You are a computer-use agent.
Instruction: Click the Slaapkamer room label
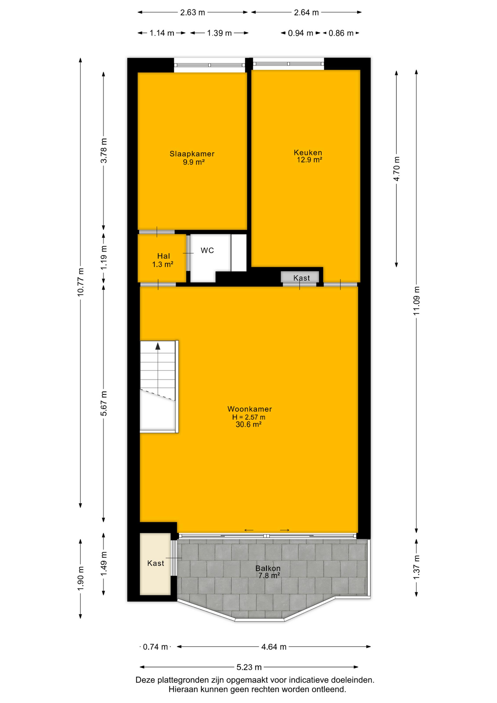(192, 154)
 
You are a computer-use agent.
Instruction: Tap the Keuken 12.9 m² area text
(309, 160)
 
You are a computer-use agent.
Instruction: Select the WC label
(207, 250)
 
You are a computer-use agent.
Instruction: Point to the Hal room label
(163, 256)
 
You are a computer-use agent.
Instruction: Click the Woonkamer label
(250, 409)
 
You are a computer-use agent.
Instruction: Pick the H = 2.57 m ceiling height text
(249, 417)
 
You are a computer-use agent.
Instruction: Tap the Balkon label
(268, 568)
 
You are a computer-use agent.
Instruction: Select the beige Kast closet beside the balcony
(155, 564)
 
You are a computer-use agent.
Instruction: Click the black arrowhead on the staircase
(158, 346)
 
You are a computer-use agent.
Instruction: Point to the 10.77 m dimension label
(81, 282)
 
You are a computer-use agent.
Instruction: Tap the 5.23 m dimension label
(249, 667)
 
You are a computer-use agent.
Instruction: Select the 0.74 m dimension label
(155, 647)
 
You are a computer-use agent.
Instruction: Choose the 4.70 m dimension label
(396, 168)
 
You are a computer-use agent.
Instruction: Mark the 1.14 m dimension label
(162, 33)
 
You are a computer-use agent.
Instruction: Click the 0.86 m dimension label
(341, 33)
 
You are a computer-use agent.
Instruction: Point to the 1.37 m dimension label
(416, 568)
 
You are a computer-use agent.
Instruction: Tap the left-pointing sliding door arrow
(249, 530)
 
